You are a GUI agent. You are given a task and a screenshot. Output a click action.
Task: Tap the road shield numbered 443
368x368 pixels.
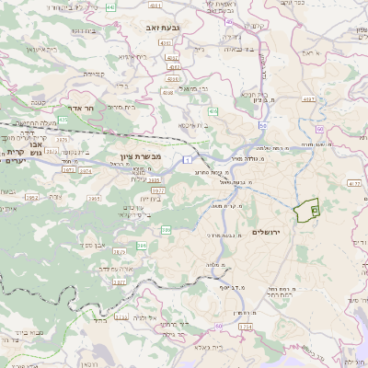[111, 7]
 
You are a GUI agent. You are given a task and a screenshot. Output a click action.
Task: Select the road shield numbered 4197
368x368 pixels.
[308, 98]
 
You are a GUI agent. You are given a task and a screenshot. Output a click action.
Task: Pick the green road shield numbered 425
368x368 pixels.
[63, 120]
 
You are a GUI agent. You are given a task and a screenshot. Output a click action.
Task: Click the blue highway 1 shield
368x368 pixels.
[187, 159]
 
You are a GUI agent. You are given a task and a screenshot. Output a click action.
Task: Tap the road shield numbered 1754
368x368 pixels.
[245, 327]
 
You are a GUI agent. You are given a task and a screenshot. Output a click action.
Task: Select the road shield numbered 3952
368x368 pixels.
[32, 198]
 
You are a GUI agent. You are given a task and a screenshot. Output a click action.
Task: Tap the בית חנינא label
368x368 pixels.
[254, 94]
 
